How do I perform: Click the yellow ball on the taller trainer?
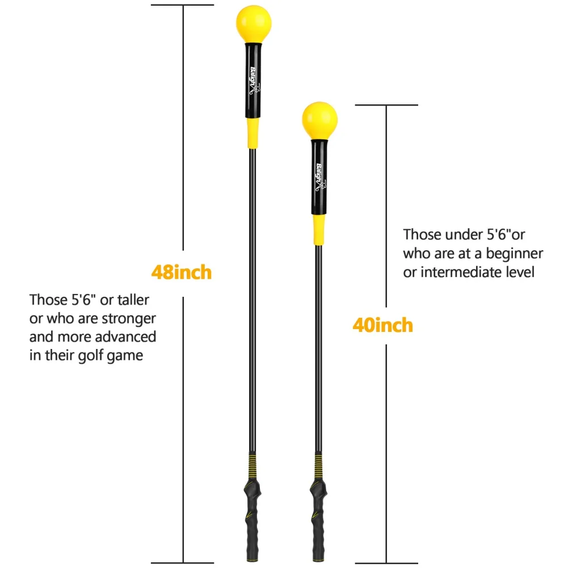[254, 23]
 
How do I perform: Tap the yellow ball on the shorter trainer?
[319, 120]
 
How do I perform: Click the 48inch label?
[181, 272]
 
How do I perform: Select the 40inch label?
[382, 326]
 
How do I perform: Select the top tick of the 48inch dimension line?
[182, 5]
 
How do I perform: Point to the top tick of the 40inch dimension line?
[386, 105]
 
